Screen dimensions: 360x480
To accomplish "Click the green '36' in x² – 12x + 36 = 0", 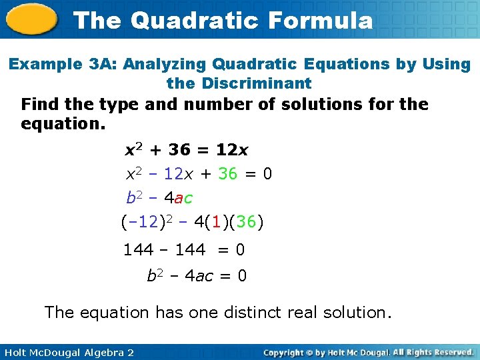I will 227,174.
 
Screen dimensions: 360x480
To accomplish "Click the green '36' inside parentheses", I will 246,221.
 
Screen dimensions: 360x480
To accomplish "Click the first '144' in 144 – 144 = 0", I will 138,250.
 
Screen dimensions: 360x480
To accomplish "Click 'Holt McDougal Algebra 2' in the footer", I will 67,352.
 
